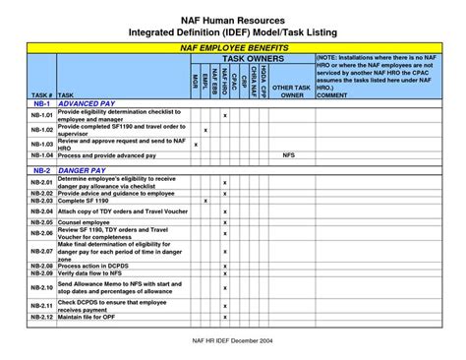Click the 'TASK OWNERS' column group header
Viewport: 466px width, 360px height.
coord(252,58)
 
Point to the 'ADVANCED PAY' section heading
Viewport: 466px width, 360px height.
coord(87,103)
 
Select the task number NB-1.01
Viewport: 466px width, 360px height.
coord(41,116)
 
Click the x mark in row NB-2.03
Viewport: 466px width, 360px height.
coord(204,200)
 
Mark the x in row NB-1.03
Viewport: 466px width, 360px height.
coord(196,145)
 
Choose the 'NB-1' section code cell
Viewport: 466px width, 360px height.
coord(41,103)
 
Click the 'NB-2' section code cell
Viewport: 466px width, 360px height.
coord(41,169)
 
